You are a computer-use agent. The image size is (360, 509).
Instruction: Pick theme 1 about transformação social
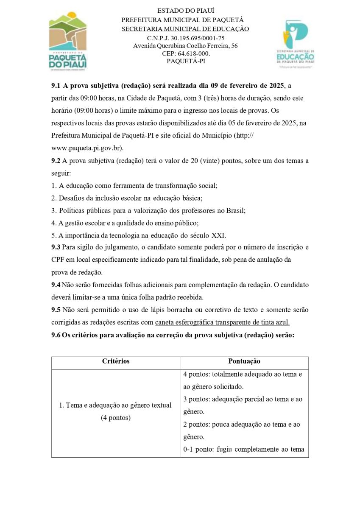pos(134,186)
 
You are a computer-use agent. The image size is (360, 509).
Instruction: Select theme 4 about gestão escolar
pos(125,223)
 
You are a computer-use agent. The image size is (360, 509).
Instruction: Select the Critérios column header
pos(116,361)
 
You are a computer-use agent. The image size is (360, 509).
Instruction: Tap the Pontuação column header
pos(244,361)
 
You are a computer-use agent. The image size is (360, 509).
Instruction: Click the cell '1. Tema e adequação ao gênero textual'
pos(115,405)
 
